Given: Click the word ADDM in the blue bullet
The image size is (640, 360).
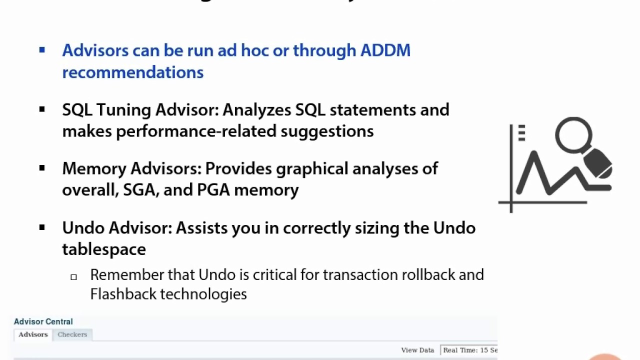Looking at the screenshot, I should pyautogui.click(x=385, y=50).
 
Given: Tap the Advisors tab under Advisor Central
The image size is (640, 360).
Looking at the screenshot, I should pyautogui.click(x=33, y=334).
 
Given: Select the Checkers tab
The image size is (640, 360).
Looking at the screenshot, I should pyautogui.click(x=72, y=334).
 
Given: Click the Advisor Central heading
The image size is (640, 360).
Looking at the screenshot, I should pyautogui.click(x=43, y=321).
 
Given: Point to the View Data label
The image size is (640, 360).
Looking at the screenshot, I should pyautogui.click(x=417, y=350).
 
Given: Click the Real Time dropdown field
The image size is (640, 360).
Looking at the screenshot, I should pyautogui.click(x=469, y=350).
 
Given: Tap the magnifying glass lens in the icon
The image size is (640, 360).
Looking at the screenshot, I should pyautogui.click(x=573, y=134).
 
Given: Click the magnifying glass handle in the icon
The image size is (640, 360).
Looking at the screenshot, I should pyautogui.click(x=598, y=163).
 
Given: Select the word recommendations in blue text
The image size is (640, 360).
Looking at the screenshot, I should pyautogui.click(x=132, y=72).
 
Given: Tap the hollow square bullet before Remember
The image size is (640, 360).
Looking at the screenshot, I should pyautogui.click(x=73, y=276).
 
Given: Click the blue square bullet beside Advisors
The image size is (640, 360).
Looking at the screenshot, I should pyautogui.click(x=42, y=49).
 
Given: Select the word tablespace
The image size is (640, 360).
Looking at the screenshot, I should pyautogui.click(x=103, y=249).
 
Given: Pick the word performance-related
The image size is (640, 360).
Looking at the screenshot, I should pyautogui.click(x=196, y=131).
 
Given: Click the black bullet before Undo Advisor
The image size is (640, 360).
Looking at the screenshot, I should pyautogui.click(x=42, y=227).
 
